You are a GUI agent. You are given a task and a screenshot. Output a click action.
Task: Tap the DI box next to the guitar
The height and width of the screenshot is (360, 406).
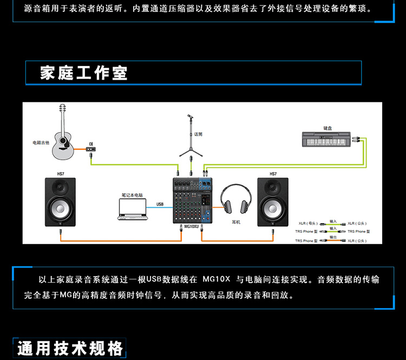coord(91,148)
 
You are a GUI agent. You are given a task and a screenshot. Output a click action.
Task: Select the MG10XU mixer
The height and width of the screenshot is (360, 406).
coord(193,199)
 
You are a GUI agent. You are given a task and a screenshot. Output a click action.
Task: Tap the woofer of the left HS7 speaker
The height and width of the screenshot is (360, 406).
coord(61,209)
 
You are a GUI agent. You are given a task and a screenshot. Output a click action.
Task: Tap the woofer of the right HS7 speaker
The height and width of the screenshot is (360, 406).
coord(273,209)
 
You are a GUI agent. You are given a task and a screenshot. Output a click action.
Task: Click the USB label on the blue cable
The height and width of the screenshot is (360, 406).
coord(160,204)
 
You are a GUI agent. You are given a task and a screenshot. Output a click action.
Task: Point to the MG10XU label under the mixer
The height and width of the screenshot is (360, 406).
coord(192,226)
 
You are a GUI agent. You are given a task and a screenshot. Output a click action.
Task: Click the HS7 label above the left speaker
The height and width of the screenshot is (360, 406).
coord(61,174)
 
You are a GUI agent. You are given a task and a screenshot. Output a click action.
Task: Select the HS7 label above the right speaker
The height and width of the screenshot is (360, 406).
coord(273,174)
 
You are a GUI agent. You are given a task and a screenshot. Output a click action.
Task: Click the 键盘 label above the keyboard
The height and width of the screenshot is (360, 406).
coord(327,128)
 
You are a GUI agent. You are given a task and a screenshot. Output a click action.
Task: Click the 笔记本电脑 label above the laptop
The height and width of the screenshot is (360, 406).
coord(132,194)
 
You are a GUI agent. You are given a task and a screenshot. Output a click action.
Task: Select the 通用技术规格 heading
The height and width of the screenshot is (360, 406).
coord(70,348)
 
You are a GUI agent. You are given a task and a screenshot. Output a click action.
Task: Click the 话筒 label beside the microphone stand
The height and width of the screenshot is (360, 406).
coord(199,133)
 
